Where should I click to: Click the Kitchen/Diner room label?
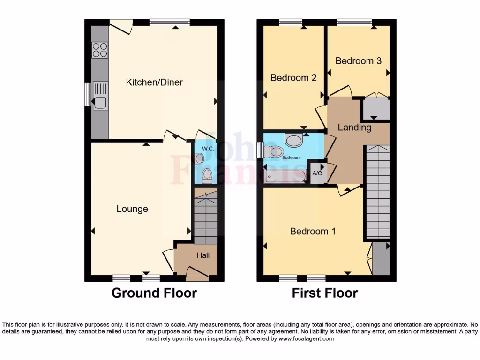154,82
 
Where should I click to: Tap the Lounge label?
132,209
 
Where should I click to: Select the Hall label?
203,255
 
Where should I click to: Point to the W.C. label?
208,149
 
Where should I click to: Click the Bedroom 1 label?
313,231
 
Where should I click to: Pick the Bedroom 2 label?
293,78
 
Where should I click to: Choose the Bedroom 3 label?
358,61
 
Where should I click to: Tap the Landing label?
354,127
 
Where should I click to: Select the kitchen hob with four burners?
100,50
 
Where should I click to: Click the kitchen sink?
100,95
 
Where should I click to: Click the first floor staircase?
377,192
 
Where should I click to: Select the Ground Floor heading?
154,293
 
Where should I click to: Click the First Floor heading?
325,293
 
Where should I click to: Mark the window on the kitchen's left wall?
87,95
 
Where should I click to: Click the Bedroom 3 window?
354,22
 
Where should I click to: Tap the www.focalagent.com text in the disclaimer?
306,338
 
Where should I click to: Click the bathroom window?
260,150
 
